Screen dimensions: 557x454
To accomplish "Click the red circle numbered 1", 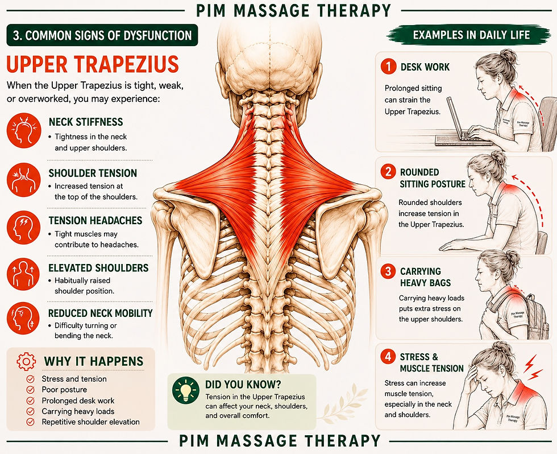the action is click(388, 67).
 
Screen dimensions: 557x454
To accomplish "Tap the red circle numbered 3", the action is click(388, 271).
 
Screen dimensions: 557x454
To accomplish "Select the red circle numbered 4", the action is click(388, 357).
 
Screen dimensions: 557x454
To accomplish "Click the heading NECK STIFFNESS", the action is click(86, 122).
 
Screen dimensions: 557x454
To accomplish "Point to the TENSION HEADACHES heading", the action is click(95, 220).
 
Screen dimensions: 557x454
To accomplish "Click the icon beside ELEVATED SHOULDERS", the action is click(23, 274).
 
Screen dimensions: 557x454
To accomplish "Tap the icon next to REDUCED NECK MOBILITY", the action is click(23, 319).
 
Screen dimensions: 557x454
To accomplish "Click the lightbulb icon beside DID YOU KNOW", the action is click(186, 391).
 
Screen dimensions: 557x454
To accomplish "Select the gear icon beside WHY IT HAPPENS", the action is click(26, 362).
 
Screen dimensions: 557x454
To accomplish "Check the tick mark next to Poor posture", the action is click(31, 390).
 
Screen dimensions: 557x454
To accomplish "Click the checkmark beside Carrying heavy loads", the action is click(31, 411).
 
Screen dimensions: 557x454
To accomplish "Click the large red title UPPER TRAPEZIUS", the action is click(93, 64).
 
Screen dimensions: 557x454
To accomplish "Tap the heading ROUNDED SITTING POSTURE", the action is click(433, 178).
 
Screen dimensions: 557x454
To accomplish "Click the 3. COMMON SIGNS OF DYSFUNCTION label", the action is click(102, 35).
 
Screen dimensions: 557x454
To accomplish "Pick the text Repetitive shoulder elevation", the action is click(90, 422).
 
